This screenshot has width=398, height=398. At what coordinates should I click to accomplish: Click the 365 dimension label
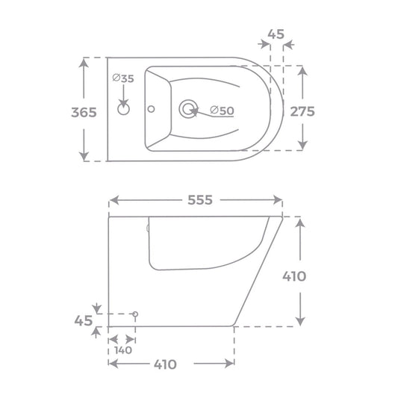click(x=84, y=112)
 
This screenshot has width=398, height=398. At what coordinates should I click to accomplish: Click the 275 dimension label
click(x=302, y=111)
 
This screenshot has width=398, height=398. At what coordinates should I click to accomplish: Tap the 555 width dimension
click(x=200, y=200)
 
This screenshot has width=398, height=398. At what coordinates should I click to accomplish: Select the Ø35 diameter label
click(x=123, y=78)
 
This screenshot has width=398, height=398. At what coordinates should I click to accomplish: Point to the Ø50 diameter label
click(x=222, y=111)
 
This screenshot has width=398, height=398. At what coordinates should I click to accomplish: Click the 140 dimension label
click(x=123, y=350)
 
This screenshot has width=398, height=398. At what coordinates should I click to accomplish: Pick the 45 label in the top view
click(x=276, y=34)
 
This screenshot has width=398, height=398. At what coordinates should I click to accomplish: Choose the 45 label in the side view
click(x=84, y=320)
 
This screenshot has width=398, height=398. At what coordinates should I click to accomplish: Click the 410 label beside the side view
click(x=294, y=276)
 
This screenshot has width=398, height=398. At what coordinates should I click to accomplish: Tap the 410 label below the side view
click(x=165, y=364)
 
